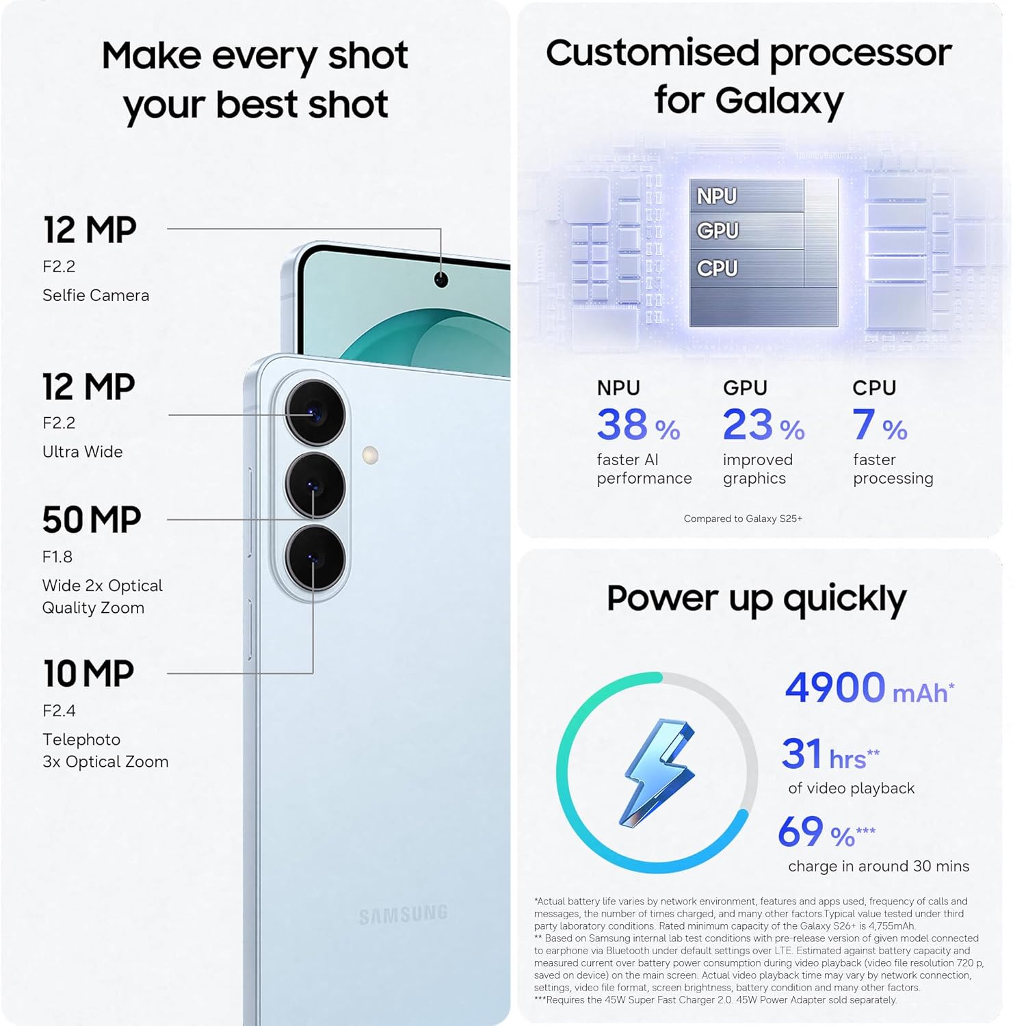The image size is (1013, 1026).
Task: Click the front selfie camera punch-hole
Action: click(x=441, y=279)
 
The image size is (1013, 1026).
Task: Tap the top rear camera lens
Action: click(x=315, y=414)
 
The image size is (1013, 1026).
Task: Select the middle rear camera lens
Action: click(x=315, y=486)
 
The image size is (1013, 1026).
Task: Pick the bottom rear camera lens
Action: click(x=315, y=558)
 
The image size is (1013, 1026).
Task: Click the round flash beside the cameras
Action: click(x=370, y=455)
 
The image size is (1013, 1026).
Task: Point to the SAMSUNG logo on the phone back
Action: click(x=403, y=915)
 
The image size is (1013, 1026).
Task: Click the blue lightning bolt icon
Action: click(x=658, y=773)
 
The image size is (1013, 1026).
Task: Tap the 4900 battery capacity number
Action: click(x=835, y=687)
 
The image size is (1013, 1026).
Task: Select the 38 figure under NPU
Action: click(x=622, y=425)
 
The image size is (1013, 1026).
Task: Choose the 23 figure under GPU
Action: click(x=748, y=425)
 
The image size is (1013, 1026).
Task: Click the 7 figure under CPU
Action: click(x=864, y=425)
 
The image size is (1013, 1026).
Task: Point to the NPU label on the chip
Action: click(x=717, y=196)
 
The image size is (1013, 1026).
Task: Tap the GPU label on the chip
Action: click(x=718, y=231)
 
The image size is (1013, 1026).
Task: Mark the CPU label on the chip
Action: click(x=718, y=268)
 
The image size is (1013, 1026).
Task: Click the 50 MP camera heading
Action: click(x=92, y=520)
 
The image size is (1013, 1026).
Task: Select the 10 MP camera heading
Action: click(x=88, y=674)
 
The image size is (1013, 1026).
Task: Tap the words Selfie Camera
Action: click(x=96, y=295)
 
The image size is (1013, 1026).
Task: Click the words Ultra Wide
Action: click(x=83, y=451)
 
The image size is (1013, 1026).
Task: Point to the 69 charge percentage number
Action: click(x=800, y=832)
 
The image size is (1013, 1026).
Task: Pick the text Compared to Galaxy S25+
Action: click(x=743, y=518)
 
